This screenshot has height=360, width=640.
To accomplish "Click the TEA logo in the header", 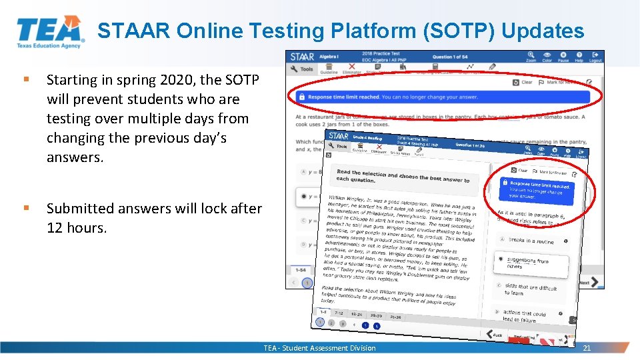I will point(50,31).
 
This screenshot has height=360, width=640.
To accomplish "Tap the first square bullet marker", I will point(25,79).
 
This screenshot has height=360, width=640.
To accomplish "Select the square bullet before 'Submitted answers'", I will point(25,208).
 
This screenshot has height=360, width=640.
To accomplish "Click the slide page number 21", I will point(587,348).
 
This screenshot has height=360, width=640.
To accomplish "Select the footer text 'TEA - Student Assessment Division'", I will point(319,348).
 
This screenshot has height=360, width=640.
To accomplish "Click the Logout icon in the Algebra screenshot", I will point(595,56).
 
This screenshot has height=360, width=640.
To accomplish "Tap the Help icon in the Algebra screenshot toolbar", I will point(579,56).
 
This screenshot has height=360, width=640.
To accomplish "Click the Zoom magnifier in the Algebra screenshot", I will point(531,56).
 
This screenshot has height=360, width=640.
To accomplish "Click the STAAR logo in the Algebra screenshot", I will point(302,57).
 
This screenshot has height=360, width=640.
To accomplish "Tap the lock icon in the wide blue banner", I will point(302,97).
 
